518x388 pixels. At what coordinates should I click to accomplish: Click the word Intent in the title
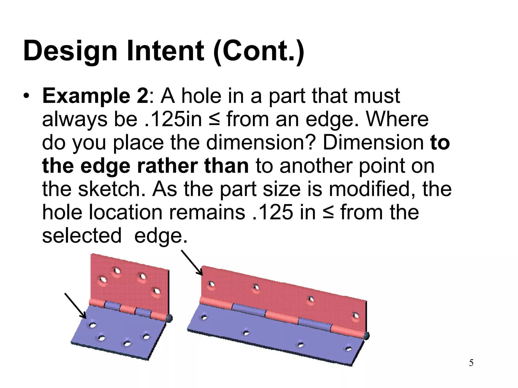click(165, 51)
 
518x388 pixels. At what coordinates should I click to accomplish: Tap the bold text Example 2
click(95, 96)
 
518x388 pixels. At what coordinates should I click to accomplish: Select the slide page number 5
click(471, 363)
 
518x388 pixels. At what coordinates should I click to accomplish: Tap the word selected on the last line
click(81, 236)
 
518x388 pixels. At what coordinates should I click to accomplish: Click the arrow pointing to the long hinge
click(192, 263)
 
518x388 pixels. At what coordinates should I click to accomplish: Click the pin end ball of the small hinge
click(169, 318)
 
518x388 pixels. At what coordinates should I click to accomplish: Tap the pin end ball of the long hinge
click(366, 336)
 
